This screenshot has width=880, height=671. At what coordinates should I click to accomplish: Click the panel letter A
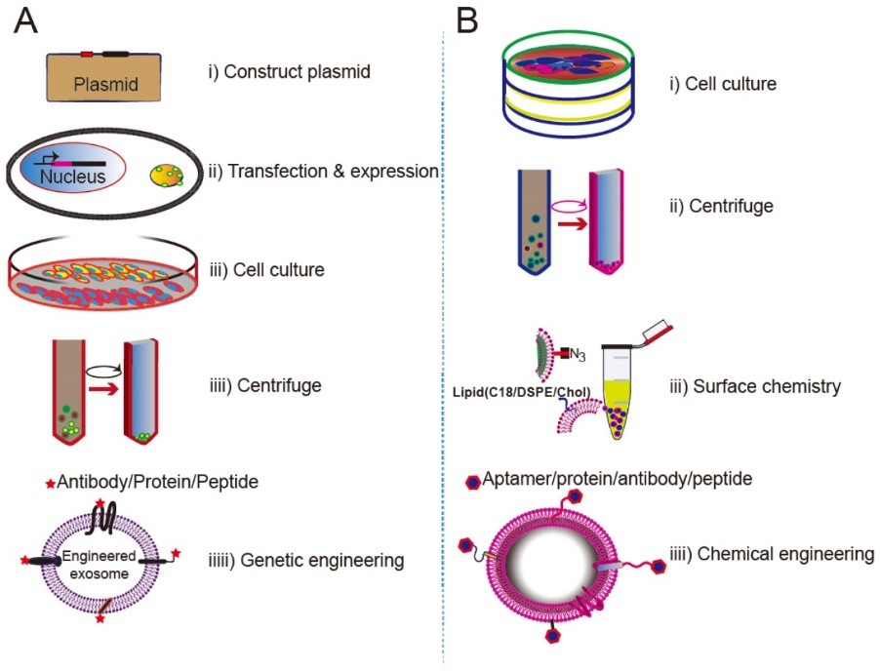[x=26, y=21]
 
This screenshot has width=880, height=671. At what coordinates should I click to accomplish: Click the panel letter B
[x=467, y=21]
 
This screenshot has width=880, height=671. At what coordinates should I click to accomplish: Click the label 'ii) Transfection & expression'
[x=323, y=172]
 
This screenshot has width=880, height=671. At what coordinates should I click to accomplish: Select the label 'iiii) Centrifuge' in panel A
[x=264, y=385]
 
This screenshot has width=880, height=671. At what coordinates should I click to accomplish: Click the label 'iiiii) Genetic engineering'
[x=303, y=560]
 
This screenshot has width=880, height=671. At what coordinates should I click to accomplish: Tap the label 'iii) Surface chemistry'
[x=766, y=386]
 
